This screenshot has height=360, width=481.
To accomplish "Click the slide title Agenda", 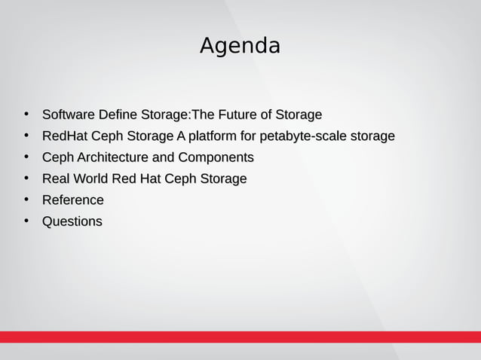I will tap(240, 46).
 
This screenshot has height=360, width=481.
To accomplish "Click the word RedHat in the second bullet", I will tap(65, 136).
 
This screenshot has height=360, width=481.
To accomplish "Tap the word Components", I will tap(215, 158).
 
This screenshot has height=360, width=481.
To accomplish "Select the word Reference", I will tap(72, 200).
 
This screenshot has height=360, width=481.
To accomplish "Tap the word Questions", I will tap(72, 221).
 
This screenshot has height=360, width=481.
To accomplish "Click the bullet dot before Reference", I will tap(26, 200).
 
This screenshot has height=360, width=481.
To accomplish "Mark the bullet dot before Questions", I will tap(26, 221).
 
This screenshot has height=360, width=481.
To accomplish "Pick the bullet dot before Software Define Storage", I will tap(26, 114).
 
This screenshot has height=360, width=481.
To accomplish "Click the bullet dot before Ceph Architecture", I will tap(26, 157).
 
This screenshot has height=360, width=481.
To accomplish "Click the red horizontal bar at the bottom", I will tap(240, 337).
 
